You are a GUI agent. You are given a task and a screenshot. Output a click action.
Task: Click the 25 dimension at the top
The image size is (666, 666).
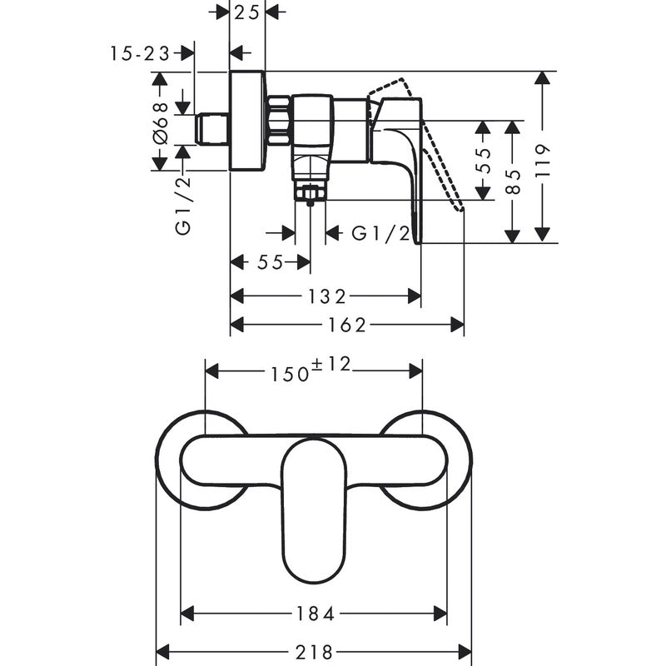247,12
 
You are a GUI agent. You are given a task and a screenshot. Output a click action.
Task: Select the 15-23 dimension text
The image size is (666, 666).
139,53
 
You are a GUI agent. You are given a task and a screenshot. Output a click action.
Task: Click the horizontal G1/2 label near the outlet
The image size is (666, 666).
381,233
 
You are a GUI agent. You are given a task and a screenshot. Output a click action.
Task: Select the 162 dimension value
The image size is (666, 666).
347,325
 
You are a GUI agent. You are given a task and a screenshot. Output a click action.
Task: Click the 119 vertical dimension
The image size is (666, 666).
543,157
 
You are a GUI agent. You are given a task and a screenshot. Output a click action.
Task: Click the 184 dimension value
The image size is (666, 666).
315,614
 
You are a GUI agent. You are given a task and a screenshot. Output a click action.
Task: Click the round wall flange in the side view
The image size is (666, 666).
247,122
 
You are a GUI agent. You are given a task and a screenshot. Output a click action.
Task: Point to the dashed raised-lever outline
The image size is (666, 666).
433,142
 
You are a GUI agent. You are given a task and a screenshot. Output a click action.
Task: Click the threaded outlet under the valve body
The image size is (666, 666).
311,193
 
